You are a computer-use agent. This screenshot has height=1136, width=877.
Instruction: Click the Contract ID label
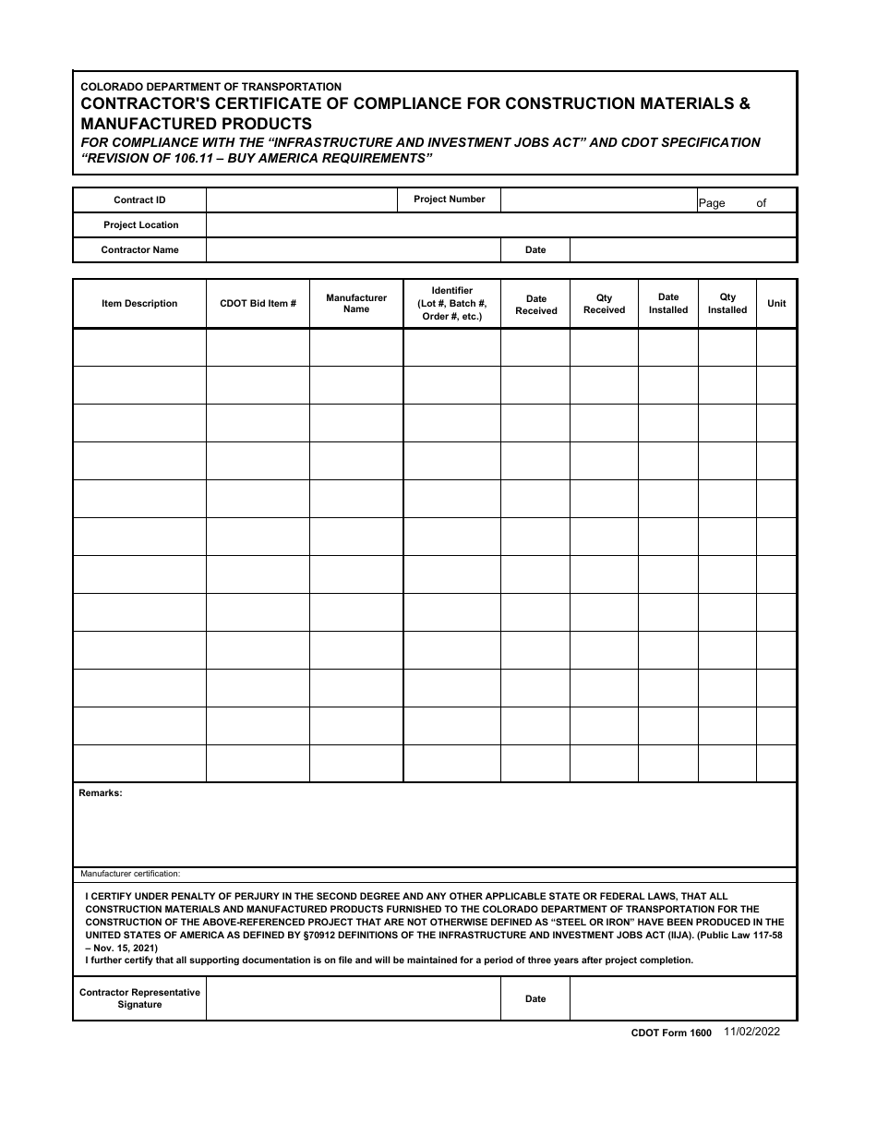click(x=139, y=200)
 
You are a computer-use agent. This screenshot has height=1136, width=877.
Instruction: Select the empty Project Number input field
click(x=597, y=200)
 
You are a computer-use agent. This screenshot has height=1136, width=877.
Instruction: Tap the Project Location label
click(x=140, y=225)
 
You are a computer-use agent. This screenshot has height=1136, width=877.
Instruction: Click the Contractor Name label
click(x=139, y=250)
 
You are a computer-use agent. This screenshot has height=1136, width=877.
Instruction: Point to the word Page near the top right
click(x=712, y=203)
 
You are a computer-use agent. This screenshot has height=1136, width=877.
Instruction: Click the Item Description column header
click(x=139, y=304)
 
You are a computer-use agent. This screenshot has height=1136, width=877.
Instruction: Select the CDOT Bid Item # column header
click(x=258, y=304)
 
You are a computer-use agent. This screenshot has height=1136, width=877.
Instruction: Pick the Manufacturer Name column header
click(x=356, y=304)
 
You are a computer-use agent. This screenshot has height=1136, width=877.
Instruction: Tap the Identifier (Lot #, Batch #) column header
click(x=451, y=304)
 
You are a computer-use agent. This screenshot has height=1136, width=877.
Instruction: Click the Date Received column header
click(x=535, y=305)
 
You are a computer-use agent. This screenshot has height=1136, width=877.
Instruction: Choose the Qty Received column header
click(x=604, y=305)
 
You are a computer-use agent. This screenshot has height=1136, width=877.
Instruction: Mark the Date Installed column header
click(x=668, y=304)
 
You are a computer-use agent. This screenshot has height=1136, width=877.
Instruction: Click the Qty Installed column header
click(x=727, y=304)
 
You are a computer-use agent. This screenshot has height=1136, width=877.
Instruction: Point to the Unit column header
click(x=776, y=304)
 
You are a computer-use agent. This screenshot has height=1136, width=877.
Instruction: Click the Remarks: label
click(x=101, y=793)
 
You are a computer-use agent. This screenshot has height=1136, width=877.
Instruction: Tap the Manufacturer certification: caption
click(x=130, y=874)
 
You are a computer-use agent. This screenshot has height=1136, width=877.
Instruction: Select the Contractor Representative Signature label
click(x=139, y=998)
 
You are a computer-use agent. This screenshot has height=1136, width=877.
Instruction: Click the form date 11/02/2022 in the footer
click(x=751, y=1033)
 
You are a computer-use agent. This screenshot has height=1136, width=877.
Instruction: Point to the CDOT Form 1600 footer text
click(x=671, y=1033)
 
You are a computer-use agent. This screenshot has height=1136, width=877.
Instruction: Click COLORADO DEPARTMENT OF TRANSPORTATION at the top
click(x=210, y=87)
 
